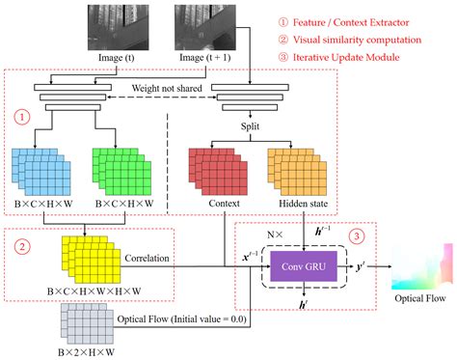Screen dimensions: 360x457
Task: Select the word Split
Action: click(x=253, y=126)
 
